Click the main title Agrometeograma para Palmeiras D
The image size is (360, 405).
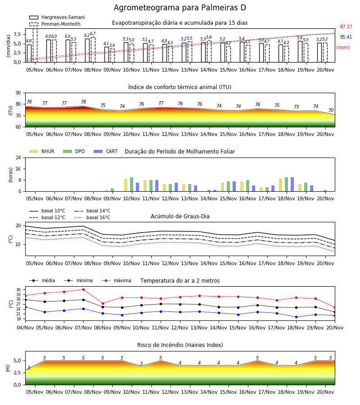(180, 8)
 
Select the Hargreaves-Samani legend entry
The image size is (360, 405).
(57, 17)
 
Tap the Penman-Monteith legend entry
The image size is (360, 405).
(55, 24)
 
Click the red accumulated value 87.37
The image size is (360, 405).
(346, 27)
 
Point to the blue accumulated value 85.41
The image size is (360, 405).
(346, 37)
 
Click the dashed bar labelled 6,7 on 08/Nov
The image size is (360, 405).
(93, 49)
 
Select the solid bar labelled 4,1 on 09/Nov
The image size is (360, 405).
(107, 54)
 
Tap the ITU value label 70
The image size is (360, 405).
(331, 111)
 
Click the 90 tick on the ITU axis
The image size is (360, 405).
(18, 93)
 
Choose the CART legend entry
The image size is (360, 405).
(106, 151)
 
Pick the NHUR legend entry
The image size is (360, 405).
(42, 151)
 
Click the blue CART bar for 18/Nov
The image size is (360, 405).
(292, 184)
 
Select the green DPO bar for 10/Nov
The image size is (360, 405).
(132, 184)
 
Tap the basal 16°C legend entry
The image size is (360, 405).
(92, 217)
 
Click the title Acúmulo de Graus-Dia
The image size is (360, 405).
(180, 216)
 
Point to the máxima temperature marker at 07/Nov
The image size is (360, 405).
(83, 289)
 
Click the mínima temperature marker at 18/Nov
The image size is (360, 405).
(296, 317)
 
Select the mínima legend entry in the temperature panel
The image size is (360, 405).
(80, 280)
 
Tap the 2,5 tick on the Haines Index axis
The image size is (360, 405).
(18, 373)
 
